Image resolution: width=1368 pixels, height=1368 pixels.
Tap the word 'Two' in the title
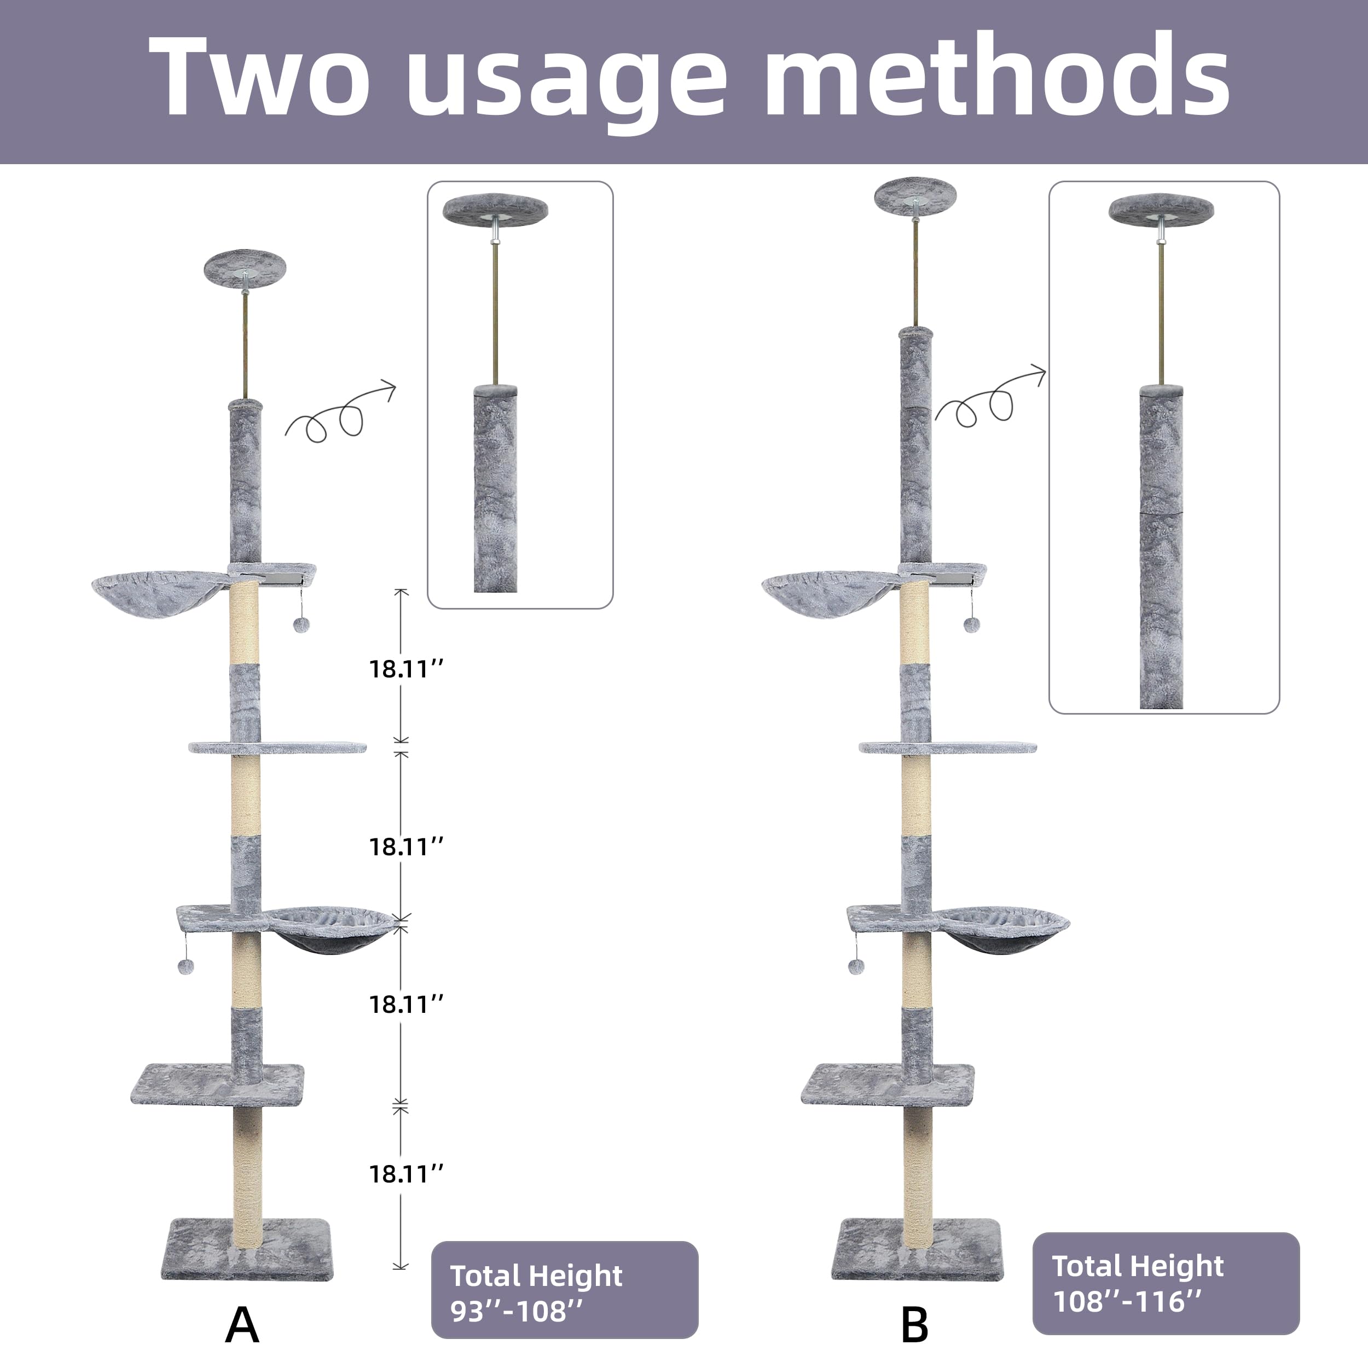[258, 74]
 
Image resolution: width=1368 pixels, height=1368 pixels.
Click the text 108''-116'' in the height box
[1127, 1301]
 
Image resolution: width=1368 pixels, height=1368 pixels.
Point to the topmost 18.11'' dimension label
[405, 669]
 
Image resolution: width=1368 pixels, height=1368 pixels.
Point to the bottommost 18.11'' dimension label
[405, 1174]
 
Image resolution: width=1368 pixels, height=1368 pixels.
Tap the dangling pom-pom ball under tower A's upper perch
[302, 624]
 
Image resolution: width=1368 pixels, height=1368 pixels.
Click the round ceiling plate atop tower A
[245, 267]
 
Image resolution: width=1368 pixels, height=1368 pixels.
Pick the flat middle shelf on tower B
[947, 747]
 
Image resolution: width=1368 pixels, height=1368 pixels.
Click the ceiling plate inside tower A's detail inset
[495, 210]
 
